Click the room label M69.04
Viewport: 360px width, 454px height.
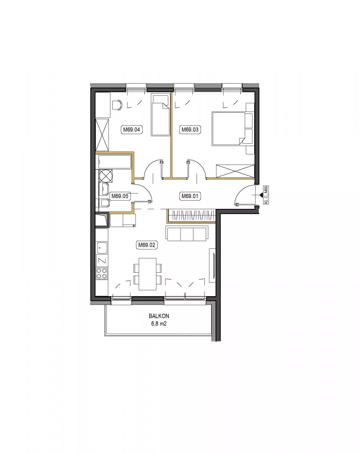coord(132,130)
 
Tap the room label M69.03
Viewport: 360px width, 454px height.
coord(190,130)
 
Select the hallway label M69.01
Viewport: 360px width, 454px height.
coord(190,196)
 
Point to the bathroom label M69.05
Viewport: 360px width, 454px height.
coord(120,196)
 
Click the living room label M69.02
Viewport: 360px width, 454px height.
coord(146,245)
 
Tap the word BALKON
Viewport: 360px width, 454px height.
coord(159,316)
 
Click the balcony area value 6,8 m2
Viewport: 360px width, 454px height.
coord(159,323)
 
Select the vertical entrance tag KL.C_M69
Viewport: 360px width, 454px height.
coord(266,195)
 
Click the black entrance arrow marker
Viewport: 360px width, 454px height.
coord(261,195)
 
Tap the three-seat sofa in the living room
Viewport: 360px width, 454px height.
coord(187,233)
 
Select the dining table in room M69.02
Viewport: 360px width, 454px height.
coord(148,274)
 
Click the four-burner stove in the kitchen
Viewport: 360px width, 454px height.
coord(102,273)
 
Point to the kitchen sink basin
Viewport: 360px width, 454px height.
coord(102,248)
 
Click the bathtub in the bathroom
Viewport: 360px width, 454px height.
coord(115,162)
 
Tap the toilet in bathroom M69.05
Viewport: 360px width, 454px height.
coord(104,203)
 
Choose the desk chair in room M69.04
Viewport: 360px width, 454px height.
coord(117,105)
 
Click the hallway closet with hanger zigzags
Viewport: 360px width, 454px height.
coord(192,216)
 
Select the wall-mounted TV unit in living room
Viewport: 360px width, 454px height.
coord(212,265)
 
